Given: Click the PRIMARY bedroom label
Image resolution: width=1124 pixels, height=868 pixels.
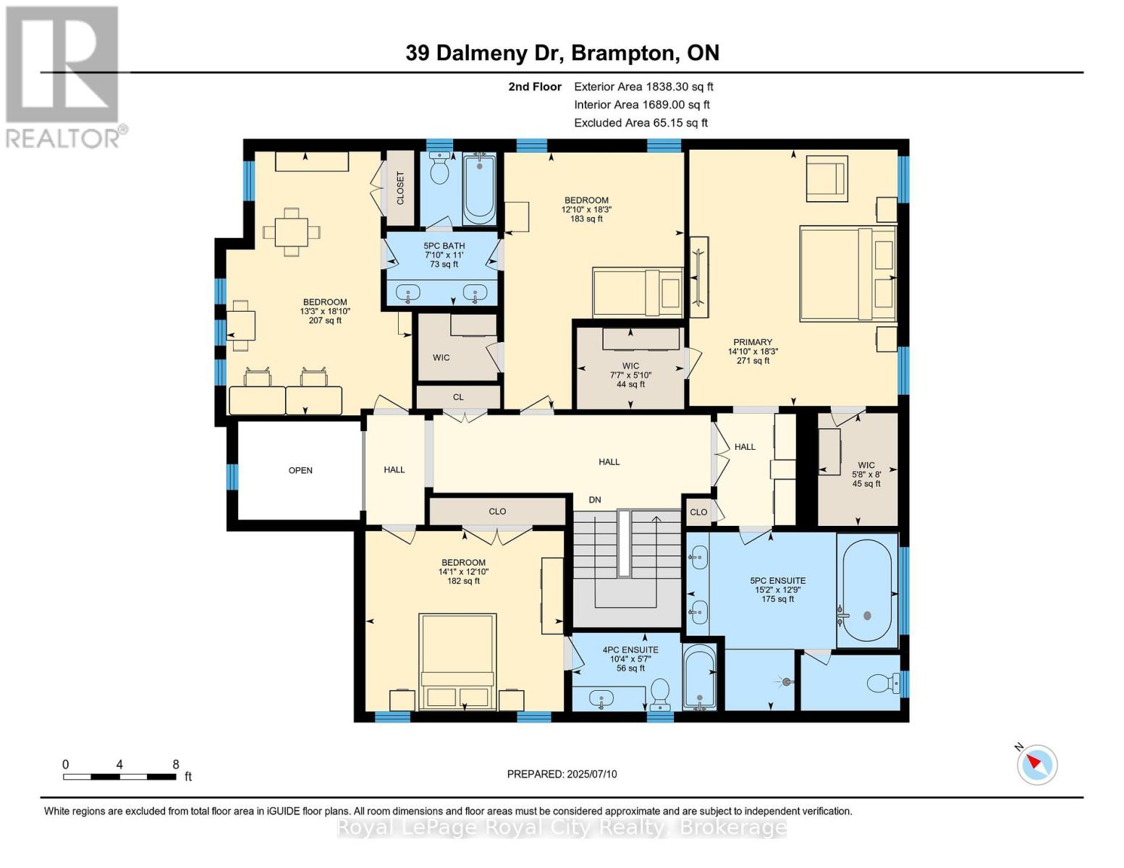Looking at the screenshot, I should pos(753,342).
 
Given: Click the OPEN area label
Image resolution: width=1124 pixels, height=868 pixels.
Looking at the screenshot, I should pos(300,470).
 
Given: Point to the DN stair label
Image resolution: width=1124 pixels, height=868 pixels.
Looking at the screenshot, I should pos(595,500).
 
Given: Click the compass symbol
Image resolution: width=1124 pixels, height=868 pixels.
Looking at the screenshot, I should pos(1037,764).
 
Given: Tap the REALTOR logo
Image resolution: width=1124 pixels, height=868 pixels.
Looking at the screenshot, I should pos(64,76).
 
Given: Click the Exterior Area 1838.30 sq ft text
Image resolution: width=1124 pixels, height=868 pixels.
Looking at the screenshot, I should pos(643,86).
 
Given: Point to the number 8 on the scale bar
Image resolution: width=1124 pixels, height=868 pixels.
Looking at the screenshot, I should pos(176,765).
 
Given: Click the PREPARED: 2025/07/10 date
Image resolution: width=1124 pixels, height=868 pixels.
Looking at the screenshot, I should pos(562,774).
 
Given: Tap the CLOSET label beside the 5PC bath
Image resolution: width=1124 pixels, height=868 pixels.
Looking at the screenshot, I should pos(400,188).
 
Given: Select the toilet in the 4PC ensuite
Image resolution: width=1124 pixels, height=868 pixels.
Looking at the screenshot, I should pos(659,692).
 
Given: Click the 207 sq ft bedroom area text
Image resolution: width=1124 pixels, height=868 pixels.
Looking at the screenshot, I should pos(325,320).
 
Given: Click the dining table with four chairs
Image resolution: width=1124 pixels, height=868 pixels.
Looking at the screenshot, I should pos(291,232).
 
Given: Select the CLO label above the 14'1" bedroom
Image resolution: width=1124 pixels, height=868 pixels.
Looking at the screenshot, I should pos(497,511).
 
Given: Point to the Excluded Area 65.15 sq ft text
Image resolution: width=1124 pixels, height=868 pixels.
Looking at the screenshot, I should pos(641,123).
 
